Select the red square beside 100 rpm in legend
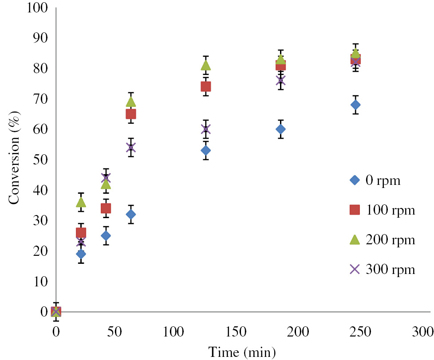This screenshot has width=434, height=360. pos(354,210)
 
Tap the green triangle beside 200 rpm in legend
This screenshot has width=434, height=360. pos(354,239)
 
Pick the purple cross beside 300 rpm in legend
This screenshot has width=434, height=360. pos(354,269)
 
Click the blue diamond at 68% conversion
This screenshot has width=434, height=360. pos(355,105)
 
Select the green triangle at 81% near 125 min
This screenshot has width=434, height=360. pos(205,65)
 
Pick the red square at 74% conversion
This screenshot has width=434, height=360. pos(205,86)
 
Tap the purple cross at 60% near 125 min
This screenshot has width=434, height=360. pos(205,129)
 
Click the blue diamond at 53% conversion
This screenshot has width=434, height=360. pos(205,151)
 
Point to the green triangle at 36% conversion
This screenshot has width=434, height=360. pos(81,202)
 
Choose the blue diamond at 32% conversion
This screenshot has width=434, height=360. pos(131,214)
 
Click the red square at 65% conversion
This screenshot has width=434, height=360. pos(131,114)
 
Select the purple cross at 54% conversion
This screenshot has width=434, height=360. pos(131,148)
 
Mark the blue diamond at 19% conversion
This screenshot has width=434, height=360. pos(81,254)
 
